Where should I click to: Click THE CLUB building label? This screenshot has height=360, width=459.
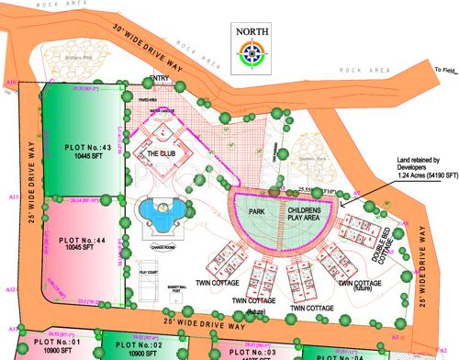coord(162,154)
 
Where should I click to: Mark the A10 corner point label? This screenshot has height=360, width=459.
coord(12,84)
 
